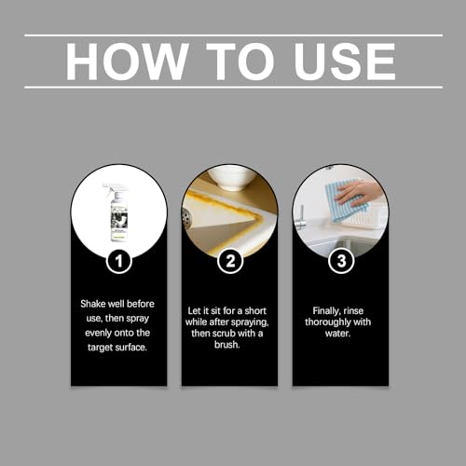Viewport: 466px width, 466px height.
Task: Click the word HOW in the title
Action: click(x=127, y=62)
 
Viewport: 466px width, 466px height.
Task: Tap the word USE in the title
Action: click(x=345, y=62)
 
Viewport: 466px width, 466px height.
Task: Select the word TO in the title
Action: click(x=240, y=62)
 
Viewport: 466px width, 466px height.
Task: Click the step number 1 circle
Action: click(x=119, y=261)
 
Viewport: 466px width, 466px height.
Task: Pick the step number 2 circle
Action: click(x=230, y=261)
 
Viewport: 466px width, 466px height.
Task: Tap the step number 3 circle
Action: click(x=341, y=261)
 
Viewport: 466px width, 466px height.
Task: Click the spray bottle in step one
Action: click(x=117, y=212)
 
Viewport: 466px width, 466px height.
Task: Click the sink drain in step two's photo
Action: click(x=186, y=218)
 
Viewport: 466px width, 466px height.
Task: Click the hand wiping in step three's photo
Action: click(x=358, y=192)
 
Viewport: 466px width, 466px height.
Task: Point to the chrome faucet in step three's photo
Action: click(x=301, y=218)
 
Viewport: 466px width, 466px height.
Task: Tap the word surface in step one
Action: click(x=130, y=348)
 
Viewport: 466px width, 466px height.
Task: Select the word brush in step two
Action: click(x=227, y=344)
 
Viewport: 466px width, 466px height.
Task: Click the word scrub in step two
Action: click(x=228, y=334)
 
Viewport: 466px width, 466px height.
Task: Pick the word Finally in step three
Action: click(x=325, y=311)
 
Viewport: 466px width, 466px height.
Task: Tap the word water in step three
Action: click(x=337, y=334)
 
